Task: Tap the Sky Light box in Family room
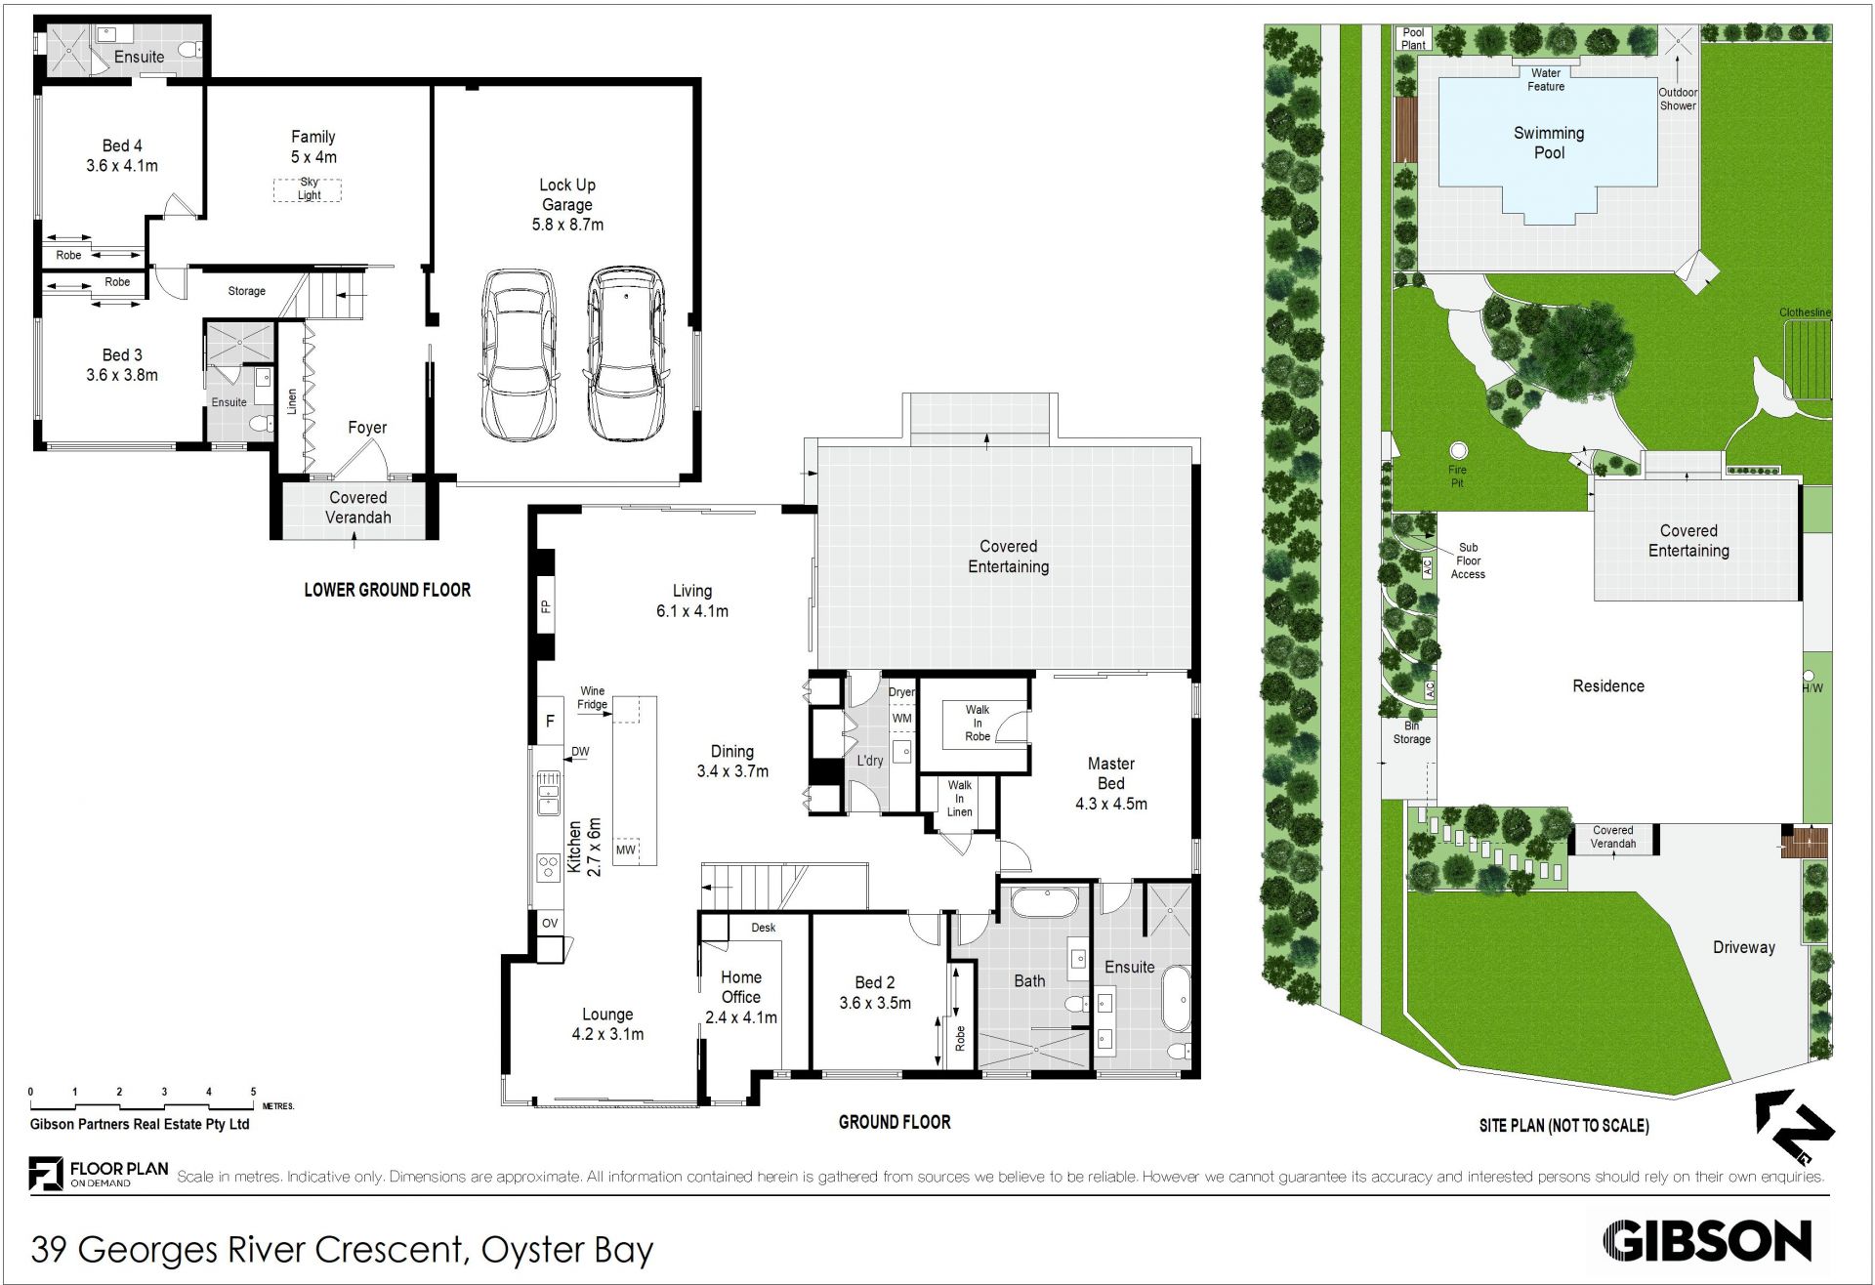(x=309, y=189)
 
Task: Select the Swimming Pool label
(x=1549, y=143)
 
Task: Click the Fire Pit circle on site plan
(x=1458, y=450)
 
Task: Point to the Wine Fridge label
(x=593, y=697)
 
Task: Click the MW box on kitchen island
(x=626, y=850)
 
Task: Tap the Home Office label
(x=741, y=987)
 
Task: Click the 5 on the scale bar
(x=253, y=1092)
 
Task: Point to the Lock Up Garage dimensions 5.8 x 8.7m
(x=567, y=225)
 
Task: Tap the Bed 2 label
(x=875, y=983)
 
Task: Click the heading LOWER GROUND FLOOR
(x=388, y=590)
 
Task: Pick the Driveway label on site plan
(x=1743, y=947)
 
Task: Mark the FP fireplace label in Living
(x=546, y=606)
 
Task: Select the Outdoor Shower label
(x=1678, y=99)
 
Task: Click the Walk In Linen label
(x=960, y=798)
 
